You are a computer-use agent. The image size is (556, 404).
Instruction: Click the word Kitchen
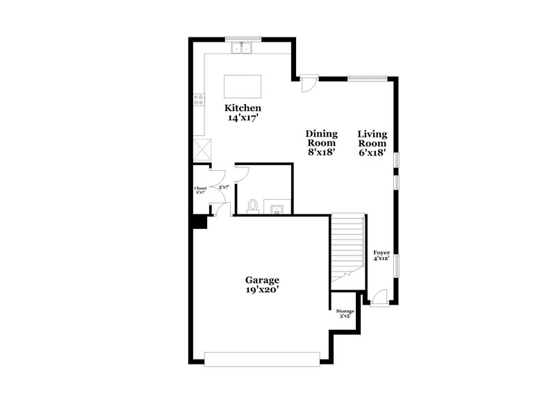click(x=243, y=108)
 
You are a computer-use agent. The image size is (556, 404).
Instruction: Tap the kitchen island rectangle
click(x=243, y=87)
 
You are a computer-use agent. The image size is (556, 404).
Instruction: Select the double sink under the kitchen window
click(x=243, y=48)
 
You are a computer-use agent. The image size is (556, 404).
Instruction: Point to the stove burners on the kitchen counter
click(x=199, y=99)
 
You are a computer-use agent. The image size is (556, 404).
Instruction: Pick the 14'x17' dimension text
click(x=243, y=119)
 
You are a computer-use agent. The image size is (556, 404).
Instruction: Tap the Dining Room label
click(x=322, y=138)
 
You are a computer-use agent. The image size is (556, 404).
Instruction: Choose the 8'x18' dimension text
click(x=322, y=153)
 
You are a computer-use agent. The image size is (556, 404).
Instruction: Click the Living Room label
click(x=373, y=138)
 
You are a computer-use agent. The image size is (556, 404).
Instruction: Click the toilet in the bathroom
click(x=253, y=206)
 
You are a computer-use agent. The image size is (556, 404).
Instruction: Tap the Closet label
click(x=200, y=188)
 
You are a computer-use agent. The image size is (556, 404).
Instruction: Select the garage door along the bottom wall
click(x=262, y=358)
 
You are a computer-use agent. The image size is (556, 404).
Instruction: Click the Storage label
click(x=345, y=311)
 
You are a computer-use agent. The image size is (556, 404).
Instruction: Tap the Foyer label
click(x=381, y=253)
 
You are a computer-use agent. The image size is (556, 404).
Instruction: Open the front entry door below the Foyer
click(x=379, y=298)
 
